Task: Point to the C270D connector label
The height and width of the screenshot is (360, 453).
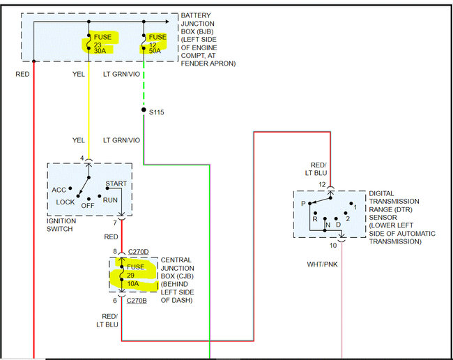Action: click(137, 251)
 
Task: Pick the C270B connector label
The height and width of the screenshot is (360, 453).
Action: click(137, 301)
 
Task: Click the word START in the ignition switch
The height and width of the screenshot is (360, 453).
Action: click(116, 184)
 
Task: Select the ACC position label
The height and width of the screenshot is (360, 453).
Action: click(59, 190)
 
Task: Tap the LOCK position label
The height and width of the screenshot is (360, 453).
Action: click(66, 202)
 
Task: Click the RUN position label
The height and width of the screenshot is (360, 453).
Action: click(110, 200)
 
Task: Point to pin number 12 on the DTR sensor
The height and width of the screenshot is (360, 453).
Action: click(322, 184)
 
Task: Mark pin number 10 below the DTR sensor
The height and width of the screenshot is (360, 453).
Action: click(333, 245)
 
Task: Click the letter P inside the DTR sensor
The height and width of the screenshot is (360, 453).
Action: click(303, 204)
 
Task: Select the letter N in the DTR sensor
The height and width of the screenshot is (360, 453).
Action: click(328, 225)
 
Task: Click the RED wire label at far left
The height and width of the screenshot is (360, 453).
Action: click(23, 73)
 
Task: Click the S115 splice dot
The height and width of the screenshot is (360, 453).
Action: click(144, 112)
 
